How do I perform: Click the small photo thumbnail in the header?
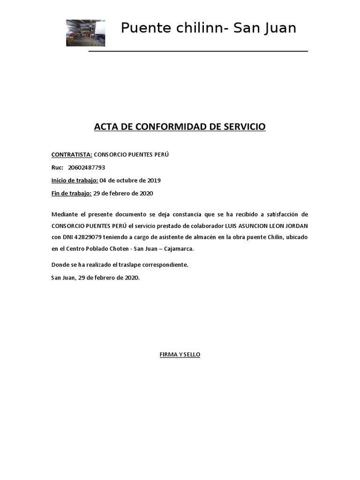click(x=85, y=33)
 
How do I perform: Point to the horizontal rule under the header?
click(x=198, y=51)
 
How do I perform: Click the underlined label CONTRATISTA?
click(x=72, y=154)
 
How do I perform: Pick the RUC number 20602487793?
click(x=87, y=167)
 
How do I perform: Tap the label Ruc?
click(x=57, y=167)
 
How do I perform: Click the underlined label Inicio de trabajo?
click(x=75, y=180)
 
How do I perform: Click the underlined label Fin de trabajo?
click(x=71, y=193)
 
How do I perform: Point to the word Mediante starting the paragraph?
click(x=64, y=214)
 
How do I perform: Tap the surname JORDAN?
click(x=296, y=226)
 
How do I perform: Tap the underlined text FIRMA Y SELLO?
click(x=180, y=355)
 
